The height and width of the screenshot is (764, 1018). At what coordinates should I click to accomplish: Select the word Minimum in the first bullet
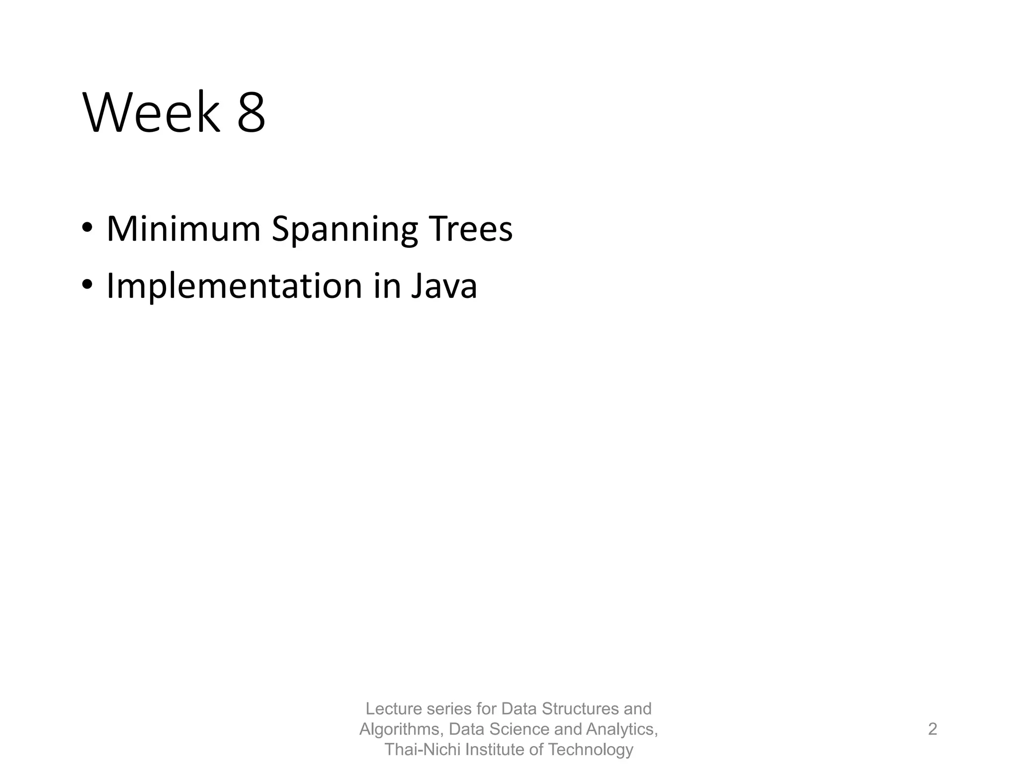183,229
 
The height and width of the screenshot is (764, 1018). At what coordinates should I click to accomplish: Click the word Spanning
344,230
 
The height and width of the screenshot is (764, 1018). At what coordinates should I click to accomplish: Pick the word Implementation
234,286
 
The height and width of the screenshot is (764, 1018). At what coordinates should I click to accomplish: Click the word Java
444,286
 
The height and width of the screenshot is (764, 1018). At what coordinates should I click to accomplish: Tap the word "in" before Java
387,286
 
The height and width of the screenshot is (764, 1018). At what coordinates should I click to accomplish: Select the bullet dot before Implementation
87,286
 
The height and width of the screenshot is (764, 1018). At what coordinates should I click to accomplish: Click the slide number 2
933,729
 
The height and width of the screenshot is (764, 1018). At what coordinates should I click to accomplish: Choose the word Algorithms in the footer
401,729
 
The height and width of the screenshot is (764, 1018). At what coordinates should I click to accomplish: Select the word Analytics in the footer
621,729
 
